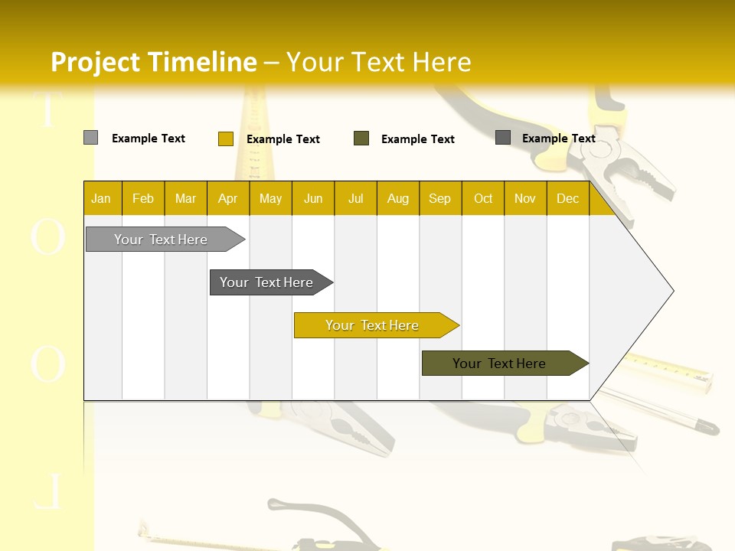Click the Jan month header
(101, 198)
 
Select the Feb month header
(143, 198)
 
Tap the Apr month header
(228, 198)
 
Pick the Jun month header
(313, 198)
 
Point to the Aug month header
(398, 198)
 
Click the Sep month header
(440, 198)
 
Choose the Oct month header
(483, 198)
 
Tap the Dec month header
(568, 198)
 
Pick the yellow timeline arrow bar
(373, 325)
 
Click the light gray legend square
(90, 138)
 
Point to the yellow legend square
(225, 139)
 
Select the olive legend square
(361, 139)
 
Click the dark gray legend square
(503, 138)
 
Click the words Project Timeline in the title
(153, 62)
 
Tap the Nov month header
(525, 198)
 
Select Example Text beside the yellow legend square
(283, 139)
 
